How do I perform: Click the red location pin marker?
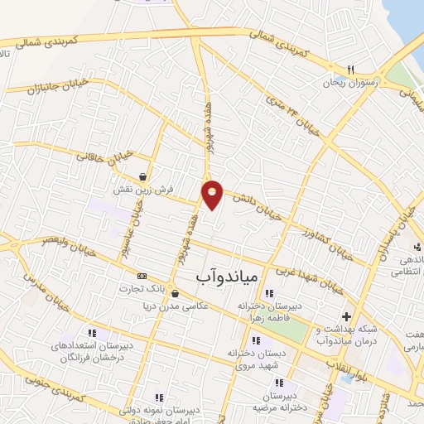pyautogui.click(x=213, y=195)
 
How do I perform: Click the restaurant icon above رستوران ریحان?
pyautogui.click(x=350, y=70)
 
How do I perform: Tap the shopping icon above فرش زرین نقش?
pyautogui.click(x=144, y=176)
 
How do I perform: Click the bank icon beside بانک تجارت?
pyautogui.click(x=142, y=276)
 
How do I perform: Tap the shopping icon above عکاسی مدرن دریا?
pyautogui.click(x=174, y=293)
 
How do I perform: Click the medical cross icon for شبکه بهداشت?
pyautogui.click(x=346, y=316)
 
